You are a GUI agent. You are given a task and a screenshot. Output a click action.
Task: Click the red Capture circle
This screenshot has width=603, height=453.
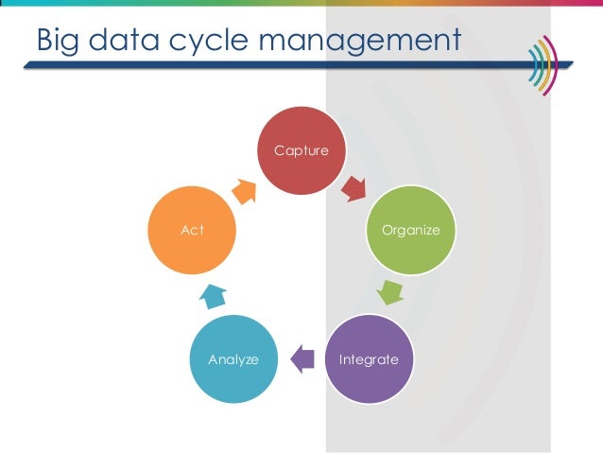click(302, 151)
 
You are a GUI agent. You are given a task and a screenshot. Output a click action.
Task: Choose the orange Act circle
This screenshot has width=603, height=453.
click(192, 229)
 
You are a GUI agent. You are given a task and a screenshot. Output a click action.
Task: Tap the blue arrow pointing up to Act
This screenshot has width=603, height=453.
click(213, 296)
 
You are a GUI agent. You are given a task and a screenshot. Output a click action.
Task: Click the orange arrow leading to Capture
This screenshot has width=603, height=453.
click(244, 190)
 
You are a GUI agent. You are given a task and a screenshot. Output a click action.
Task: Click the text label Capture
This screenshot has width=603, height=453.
click(301, 149)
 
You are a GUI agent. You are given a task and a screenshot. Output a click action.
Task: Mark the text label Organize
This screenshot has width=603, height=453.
click(410, 230)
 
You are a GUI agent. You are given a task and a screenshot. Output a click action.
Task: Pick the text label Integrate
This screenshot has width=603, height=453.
click(370, 359)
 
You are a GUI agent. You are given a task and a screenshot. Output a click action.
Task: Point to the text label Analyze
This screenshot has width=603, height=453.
click(233, 359)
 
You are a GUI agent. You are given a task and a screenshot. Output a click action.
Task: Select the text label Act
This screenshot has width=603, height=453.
click(192, 230)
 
